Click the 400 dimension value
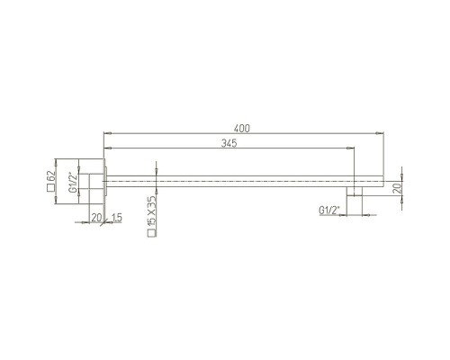[x=241, y=129]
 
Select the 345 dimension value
[x=229, y=143]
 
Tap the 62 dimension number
[x=51, y=176]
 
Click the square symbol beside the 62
[x=51, y=188]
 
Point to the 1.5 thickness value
[x=116, y=218]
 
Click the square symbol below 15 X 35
[x=152, y=233]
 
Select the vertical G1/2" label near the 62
[x=72, y=182]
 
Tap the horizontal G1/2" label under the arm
[x=328, y=211]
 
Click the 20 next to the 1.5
[x=96, y=218]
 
